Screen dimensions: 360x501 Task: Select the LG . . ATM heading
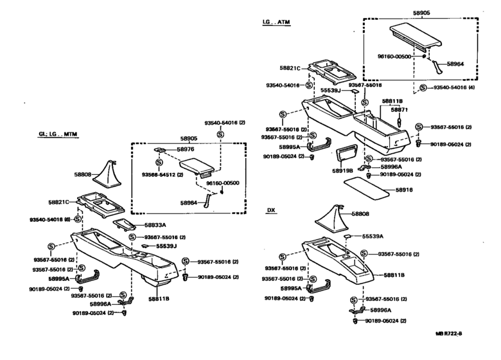pos(276,22)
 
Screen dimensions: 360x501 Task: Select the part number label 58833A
pos(155,225)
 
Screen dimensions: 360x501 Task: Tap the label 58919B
pos(344,172)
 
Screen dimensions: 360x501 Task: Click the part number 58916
pos(404,190)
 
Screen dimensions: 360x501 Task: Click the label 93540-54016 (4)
pos(453,87)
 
